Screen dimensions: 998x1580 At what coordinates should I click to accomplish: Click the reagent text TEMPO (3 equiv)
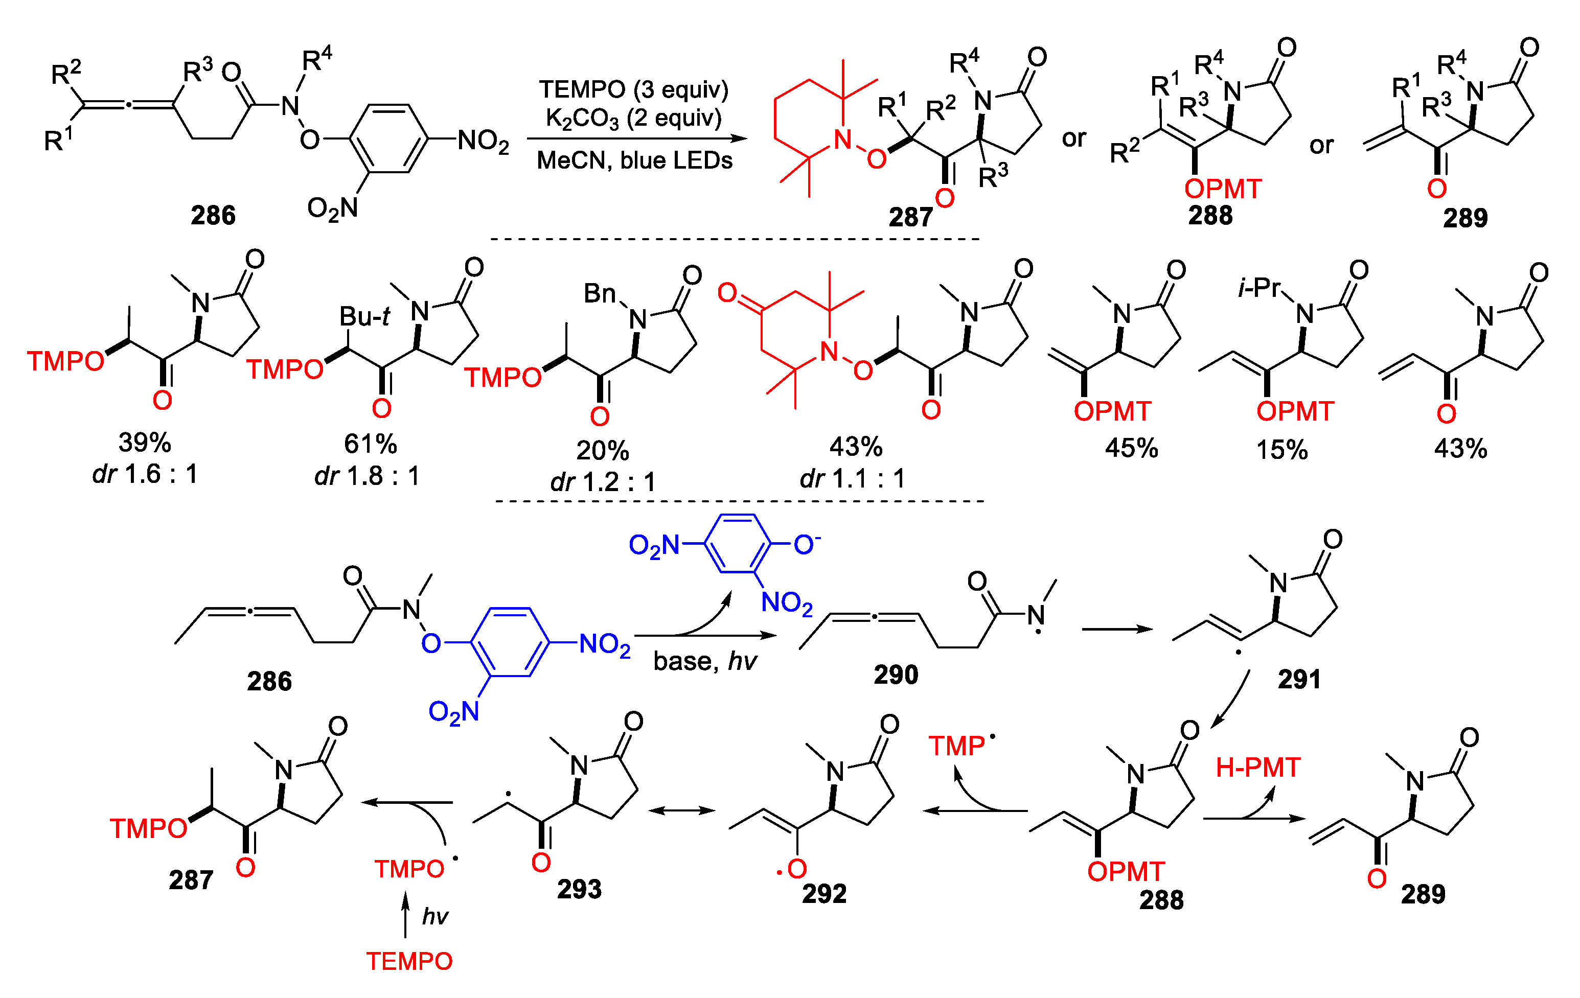[x=633, y=89]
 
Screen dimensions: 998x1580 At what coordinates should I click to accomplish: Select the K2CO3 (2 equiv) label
[x=633, y=119]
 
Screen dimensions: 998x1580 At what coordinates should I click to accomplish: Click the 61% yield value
[x=370, y=444]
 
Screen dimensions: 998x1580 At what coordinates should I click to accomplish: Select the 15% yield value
[x=1281, y=450]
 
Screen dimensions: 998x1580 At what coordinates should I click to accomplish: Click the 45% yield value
[x=1131, y=448]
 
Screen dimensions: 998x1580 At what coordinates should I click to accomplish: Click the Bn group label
[x=600, y=294]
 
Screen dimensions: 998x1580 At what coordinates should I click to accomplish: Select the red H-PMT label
[x=1258, y=768]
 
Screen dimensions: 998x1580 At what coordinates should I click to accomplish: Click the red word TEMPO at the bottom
[x=409, y=961]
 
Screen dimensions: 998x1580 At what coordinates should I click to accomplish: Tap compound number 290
[x=896, y=675]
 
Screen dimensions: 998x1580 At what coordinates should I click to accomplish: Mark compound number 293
[x=579, y=889]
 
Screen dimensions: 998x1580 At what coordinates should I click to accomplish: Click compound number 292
[x=824, y=893]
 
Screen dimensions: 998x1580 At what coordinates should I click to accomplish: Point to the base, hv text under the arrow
[x=705, y=661]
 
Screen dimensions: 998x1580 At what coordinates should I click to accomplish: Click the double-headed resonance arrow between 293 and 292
[x=682, y=811]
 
